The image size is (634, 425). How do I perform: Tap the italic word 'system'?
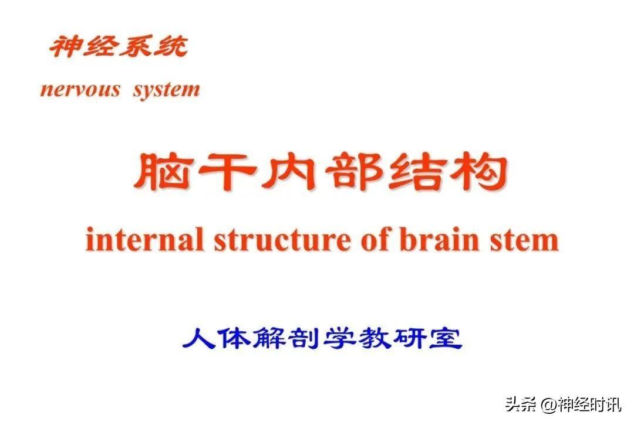pyautogui.click(x=166, y=90)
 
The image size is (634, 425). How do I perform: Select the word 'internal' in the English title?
pyautogui.click(x=144, y=239)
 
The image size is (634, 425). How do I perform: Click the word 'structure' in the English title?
pyautogui.click(x=282, y=240)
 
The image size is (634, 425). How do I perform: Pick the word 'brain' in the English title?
pyautogui.click(x=440, y=239)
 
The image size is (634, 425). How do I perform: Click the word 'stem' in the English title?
pyautogui.click(x=524, y=241)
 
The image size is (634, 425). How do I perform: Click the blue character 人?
pyautogui.click(x=198, y=338)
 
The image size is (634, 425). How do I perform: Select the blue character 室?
pyautogui.click(x=446, y=338)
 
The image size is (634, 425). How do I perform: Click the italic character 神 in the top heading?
pyautogui.click(x=66, y=46)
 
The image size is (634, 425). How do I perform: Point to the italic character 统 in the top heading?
pyautogui.click(x=170, y=46)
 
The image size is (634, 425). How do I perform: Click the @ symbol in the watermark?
pyautogui.click(x=549, y=404)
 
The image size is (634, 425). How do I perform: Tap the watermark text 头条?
pyautogui.click(x=522, y=404)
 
